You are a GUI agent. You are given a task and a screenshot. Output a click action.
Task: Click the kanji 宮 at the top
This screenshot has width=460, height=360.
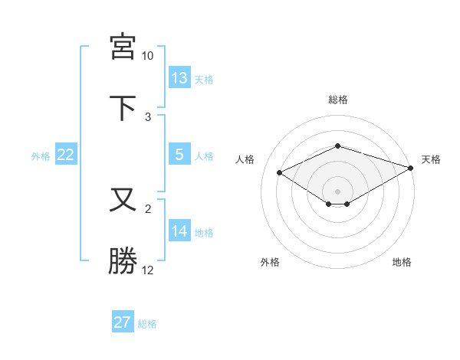point(123,46)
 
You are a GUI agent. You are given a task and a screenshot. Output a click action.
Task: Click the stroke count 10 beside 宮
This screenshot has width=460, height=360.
point(148,56)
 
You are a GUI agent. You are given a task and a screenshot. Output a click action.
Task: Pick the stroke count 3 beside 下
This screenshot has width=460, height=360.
point(148,117)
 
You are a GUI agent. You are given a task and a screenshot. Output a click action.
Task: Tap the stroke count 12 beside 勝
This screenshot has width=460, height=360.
point(148,270)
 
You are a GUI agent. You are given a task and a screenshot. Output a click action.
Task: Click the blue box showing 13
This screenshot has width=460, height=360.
point(179,77)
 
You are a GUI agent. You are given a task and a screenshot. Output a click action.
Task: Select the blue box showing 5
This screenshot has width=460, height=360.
point(179,155)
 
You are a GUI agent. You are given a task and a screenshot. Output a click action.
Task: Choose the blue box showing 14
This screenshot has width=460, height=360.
point(179,231)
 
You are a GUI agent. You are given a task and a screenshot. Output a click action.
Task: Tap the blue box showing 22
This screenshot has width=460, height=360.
point(66,155)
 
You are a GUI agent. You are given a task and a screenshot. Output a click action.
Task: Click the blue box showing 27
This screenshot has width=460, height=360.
point(123,322)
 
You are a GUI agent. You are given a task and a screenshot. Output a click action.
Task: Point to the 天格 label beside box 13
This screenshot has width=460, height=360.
point(204,79)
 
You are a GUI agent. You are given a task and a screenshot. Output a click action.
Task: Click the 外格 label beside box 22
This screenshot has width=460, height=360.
point(41,156)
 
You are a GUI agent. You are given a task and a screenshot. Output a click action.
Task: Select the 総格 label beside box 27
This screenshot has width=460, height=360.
point(147,324)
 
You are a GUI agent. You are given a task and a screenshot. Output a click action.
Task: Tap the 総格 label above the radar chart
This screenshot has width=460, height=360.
point(338,100)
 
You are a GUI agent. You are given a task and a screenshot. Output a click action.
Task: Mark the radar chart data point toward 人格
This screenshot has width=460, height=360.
point(280,172)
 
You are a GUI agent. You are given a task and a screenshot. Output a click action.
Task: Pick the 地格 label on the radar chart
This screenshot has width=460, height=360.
point(402,263)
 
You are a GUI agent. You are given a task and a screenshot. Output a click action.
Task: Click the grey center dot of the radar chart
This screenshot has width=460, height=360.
point(338,191)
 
